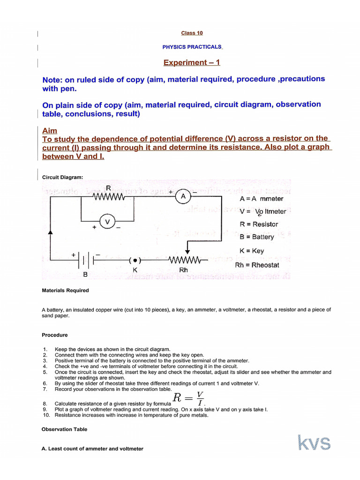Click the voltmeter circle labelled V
[107, 221]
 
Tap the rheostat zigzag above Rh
[184, 259]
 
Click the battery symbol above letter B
[86, 259]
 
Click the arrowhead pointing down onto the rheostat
[187, 251]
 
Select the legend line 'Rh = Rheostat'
[257, 265]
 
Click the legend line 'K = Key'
[252, 251]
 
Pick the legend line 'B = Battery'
[256, 237]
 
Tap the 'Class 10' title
[192, 33]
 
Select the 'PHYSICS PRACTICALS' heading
[192, 47]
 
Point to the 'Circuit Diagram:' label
[62, 177]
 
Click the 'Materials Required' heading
[65, 290]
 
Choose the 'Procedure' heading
[54, 335]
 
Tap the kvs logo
[314, 443]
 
